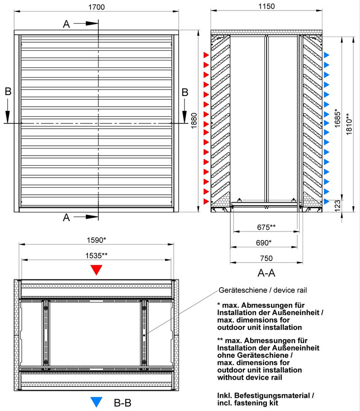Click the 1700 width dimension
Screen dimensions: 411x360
[x=97, y=7]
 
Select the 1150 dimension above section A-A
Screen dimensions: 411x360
[x=266, y=6]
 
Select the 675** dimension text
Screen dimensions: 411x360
[x=266, y=227]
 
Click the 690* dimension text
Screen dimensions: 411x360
[x=266, y=242]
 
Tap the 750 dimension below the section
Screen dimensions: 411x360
[x=266, y=258]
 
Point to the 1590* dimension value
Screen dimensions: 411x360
[x=97, y=240]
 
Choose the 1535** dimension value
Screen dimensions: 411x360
[x=97, y=255]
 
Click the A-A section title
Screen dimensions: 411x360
[x=266, y=272]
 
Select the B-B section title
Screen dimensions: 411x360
[x=122, y=402]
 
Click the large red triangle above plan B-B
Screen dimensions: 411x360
[x=97, y=270]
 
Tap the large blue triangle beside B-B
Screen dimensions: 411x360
[x=97, y=402]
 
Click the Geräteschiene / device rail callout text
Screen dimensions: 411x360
[x=263, y=290]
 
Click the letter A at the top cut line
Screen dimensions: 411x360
[x=67, y=24]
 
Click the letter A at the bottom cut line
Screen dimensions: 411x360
[x=67, y=217]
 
